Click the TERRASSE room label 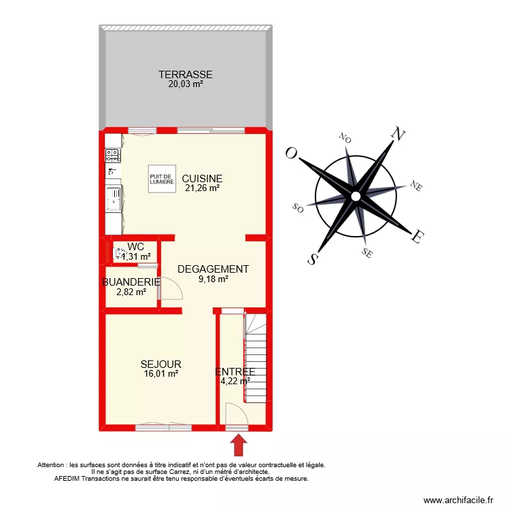pos(186,75)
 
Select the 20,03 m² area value pos(186,84)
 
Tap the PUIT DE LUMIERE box pos(162,179)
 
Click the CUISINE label pos(202,179)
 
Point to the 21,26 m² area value pos(202,188)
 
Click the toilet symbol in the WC pos(120,254)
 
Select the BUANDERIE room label pos(131,282)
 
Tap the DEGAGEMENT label pos(213,269)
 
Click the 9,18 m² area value pos(213,278)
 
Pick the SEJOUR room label pos(160,364)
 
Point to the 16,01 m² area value pos(160,374)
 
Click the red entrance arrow pos(238,445)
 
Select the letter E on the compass pos(419,237)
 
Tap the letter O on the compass pos(292,152)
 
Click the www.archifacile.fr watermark pos(457,500)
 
